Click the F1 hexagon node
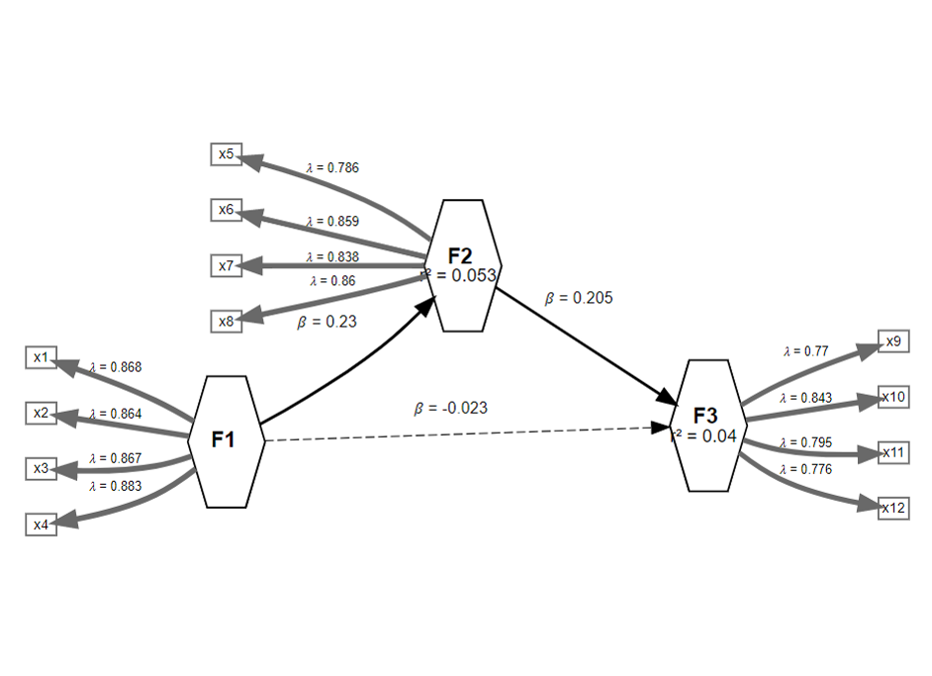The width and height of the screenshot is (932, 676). coord(226,441)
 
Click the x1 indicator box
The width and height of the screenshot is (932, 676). coord(41,357)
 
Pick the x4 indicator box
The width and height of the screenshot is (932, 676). coord(41,525)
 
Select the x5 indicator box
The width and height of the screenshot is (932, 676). coord(226,154)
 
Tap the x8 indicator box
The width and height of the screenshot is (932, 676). coord(226,321)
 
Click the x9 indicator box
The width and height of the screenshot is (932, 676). coord(892,342)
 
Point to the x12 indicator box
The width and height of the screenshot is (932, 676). coord(894,508)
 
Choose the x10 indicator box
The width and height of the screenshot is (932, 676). coord(894,398)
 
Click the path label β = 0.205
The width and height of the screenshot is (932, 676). coord(572,297)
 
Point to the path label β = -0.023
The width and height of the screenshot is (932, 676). coord(451,408)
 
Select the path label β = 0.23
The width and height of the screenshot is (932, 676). coord(326,322)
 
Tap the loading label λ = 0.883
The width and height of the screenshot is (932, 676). coord(115,486)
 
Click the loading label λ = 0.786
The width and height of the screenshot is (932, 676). coord(332,167)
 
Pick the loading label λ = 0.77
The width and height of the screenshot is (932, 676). coord(805,350)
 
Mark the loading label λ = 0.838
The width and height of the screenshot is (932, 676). coord(332,257)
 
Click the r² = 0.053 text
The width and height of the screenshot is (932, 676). coord(459,276)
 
